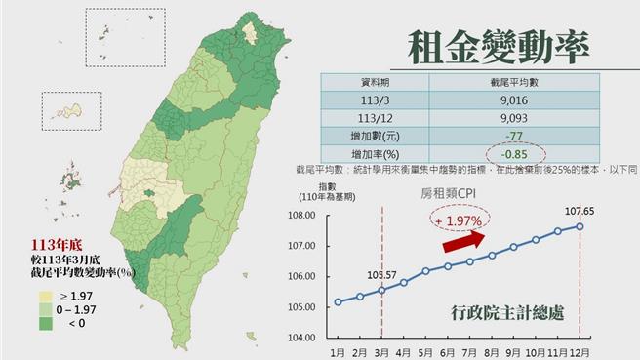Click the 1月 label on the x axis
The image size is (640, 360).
[x=338, y=351]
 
